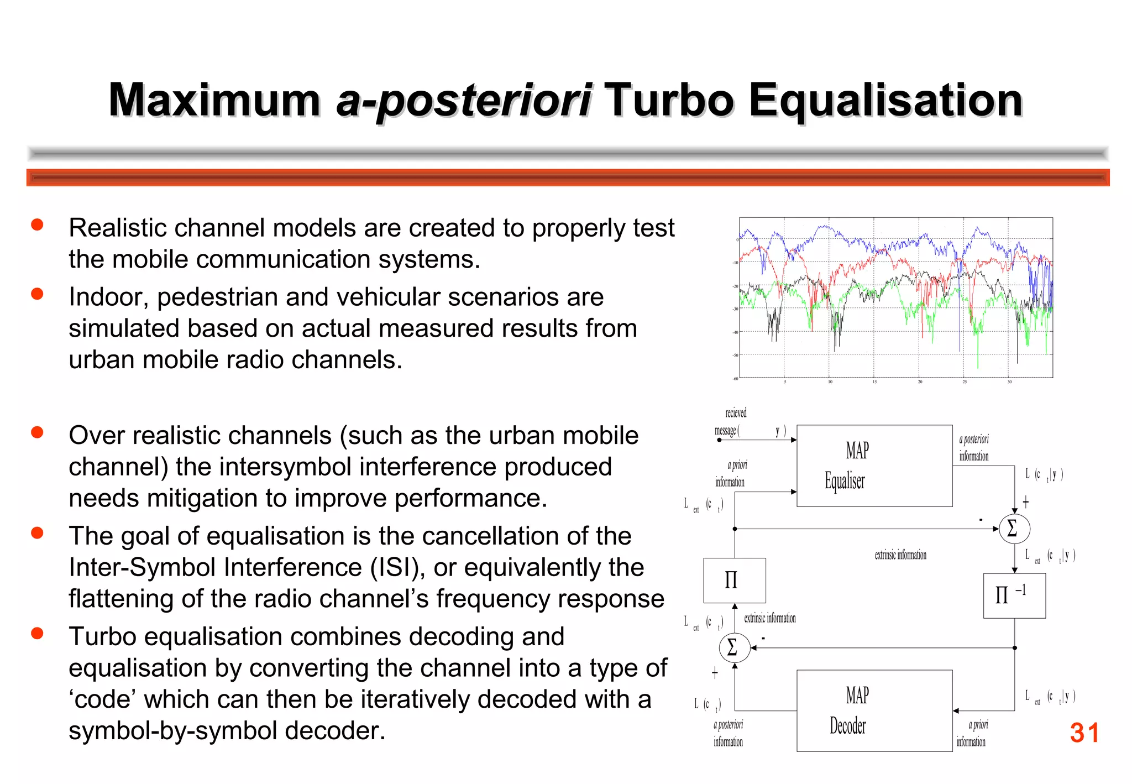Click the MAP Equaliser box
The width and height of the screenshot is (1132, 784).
874,466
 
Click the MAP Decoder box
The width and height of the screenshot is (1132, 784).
874,710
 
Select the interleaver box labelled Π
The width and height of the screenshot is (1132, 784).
734,580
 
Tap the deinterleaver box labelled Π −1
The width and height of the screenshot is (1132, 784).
1014,595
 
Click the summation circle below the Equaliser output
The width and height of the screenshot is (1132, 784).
1014,528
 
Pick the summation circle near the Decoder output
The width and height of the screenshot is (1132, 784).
734,647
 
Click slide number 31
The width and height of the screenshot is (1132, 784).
1084,733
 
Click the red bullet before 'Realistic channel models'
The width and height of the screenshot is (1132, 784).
37,224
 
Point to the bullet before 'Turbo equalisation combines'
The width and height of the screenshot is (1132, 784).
37,633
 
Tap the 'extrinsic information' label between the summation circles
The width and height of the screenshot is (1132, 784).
900,555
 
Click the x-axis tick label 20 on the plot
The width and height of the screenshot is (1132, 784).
920,382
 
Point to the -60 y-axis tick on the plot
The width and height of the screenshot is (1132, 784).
735,379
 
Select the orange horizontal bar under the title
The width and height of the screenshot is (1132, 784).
568,177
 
